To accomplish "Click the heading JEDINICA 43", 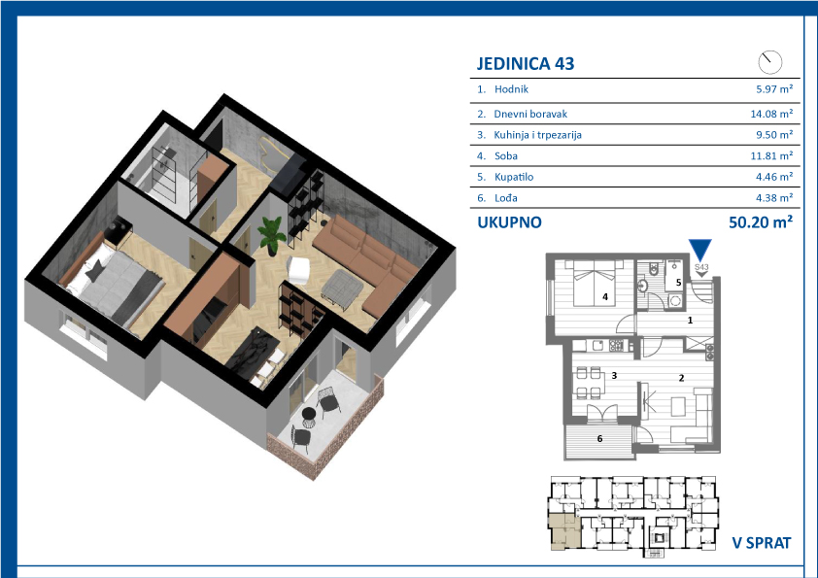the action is (526, 64).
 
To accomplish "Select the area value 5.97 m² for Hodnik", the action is (774, 89).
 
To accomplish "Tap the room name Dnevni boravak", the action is (530, 114).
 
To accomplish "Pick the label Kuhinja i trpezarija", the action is (538, 135).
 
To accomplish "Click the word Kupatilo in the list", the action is (514, 177).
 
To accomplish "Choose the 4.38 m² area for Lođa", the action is (774, 198).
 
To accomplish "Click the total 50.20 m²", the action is (761, 222).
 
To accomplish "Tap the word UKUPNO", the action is (510, 222).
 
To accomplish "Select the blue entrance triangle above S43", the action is (700, 250).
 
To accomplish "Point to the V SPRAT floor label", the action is (762, 543).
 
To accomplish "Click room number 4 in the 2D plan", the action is (605, 297).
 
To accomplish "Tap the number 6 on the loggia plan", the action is (600, 439).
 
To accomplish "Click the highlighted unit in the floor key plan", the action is (563, 529).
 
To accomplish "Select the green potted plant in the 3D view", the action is (272, 234).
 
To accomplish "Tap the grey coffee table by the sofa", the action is (343, 285).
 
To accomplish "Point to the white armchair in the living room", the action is (300, 270).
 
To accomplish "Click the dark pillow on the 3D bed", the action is (95, 271).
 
